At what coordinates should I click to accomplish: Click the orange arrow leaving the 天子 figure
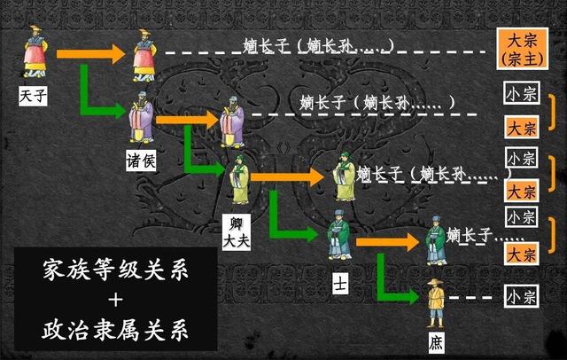[x=89, y=54]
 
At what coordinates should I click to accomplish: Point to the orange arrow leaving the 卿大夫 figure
[x=288, y=177]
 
